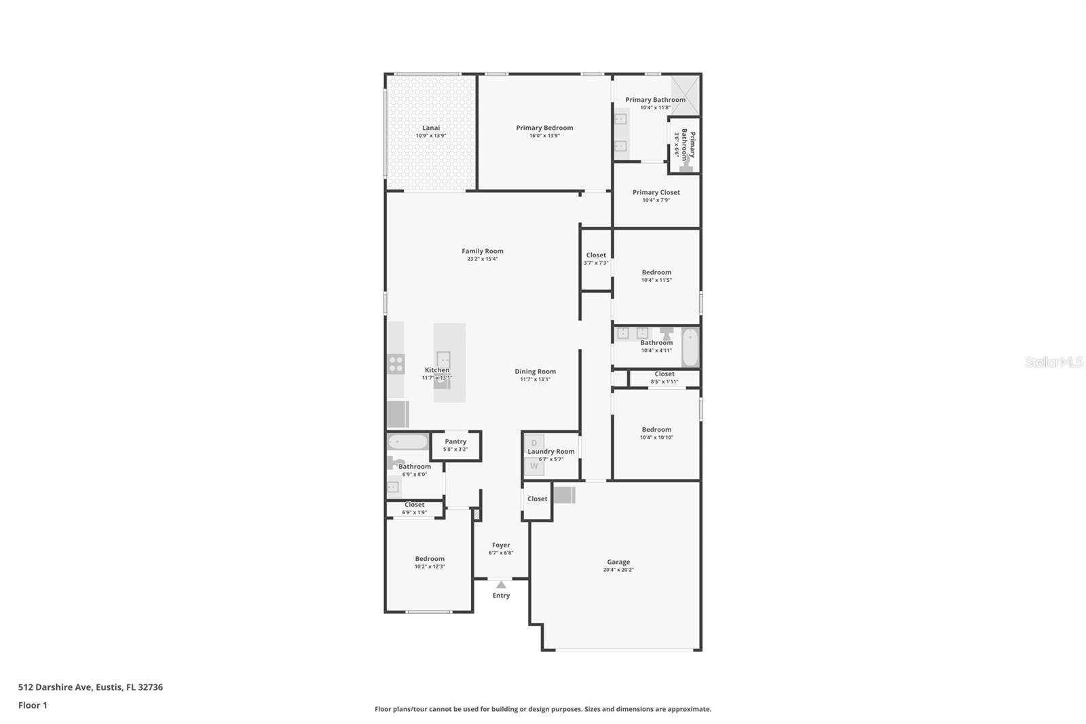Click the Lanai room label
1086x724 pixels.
(431, 128)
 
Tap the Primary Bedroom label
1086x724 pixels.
(544, 128)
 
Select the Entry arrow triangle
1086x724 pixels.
(501, 585)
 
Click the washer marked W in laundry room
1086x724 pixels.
(534, 466)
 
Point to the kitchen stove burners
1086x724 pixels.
(396, 364)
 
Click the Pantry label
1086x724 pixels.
(455, 441)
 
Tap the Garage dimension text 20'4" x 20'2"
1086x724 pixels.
(618, 570)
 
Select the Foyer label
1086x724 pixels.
(501, 545)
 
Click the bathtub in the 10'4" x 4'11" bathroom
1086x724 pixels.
(690, 347)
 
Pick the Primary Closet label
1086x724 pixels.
(656, 192)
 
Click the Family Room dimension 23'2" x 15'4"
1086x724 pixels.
(483, 259)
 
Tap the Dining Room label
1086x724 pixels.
(535, 372)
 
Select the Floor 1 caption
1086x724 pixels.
(33, 705)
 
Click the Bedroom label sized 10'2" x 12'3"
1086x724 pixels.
(430, 559)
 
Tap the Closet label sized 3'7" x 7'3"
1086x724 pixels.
(596, 255)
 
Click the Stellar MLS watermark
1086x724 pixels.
(1053, 363)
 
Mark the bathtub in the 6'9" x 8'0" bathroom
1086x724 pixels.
(408, 442)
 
